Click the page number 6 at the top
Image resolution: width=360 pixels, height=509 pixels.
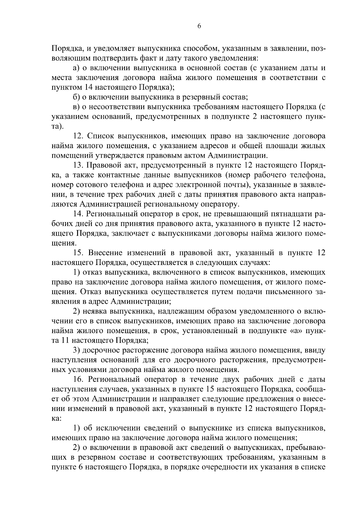tap(199, 26)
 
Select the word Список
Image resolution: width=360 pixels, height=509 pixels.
tap(100, 136)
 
